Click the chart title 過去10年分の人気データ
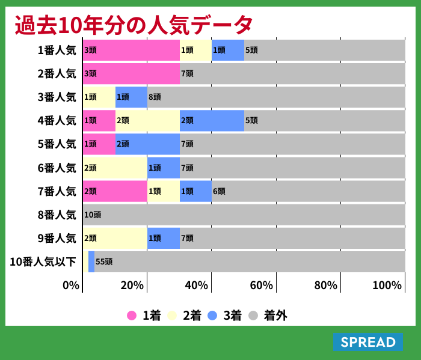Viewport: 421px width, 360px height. coord(134,25)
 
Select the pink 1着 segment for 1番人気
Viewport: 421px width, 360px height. coord(131,50)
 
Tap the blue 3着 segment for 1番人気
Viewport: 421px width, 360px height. coord(227,50)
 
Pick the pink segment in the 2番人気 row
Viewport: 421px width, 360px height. coord(131,73)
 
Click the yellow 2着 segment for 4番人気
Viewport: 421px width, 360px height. coord(147,120)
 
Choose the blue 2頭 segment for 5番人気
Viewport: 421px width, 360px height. coord(147,144)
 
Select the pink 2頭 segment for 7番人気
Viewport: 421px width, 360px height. coord(115,191)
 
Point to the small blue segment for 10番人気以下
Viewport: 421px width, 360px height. coord(91,261)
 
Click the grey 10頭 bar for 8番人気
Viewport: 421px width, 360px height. coord(244,215)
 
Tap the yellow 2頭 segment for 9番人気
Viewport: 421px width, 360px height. coord(115,238)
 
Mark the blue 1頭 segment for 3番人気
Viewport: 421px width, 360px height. coord(131,97)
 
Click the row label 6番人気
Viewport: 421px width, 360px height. coord(57,168)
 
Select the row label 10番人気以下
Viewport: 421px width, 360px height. coord(43,261)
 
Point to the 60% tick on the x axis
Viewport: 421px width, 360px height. coord(261,285)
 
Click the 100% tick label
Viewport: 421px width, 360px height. coord(387,285)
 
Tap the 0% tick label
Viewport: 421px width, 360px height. coord(71,285)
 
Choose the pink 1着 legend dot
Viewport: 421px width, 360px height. coord(132,316)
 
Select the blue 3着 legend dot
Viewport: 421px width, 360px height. coord(212,316)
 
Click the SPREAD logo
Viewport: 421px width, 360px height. coord(367,342)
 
